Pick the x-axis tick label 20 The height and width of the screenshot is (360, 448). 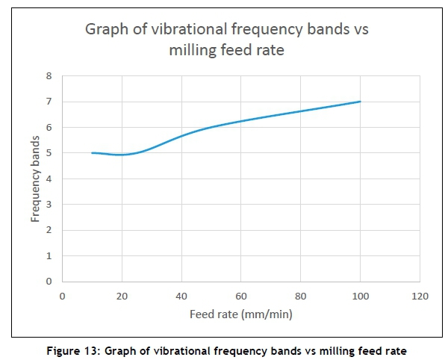coord(122,296)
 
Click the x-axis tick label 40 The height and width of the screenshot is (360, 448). coord(181,296)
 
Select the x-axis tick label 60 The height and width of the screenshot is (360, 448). coord(241,296)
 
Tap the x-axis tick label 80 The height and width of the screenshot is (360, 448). coord(301,296)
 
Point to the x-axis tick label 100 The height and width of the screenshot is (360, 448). coord(361,296)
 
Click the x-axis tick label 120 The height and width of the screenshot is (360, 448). coord(420,296)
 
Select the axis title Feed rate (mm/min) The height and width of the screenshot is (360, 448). coord(240,314)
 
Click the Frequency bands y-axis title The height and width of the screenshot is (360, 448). coord(35,179)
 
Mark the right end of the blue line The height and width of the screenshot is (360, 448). coord(361,102)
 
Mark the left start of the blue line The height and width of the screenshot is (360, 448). coord(92,153)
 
